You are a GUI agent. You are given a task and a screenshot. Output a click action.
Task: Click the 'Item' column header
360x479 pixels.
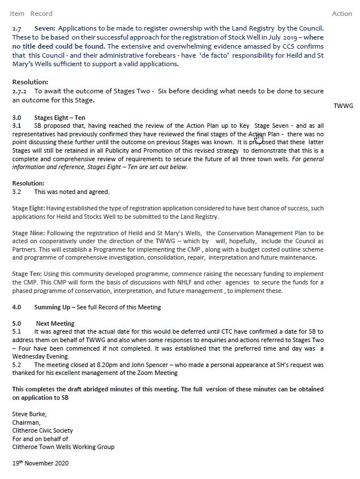click(x=17, y=14)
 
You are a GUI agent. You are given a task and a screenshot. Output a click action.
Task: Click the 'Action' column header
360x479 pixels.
click(x=342, y=14)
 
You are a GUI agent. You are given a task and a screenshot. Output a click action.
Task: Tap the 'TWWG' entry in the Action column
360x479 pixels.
click(x=343, y=106)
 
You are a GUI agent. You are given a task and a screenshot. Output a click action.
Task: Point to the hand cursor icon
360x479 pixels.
click(x=259, y=136)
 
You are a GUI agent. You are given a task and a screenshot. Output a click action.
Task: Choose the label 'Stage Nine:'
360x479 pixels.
click(x=27, y=233)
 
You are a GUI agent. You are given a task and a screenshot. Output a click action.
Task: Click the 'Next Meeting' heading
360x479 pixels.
click(x=55, y=324)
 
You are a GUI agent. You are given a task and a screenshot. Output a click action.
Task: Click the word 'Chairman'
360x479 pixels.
click(x=26, y=422)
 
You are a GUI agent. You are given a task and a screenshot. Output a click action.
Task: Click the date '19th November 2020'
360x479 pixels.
click(x=40, y=464)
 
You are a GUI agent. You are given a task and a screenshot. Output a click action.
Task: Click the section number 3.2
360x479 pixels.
click(x=16, y=192)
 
